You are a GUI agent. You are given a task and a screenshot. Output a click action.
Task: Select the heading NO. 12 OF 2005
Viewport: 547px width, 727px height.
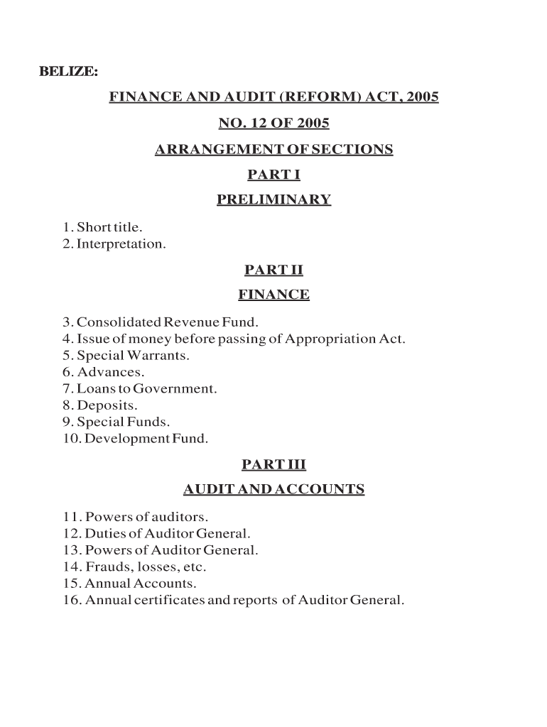(273, 124)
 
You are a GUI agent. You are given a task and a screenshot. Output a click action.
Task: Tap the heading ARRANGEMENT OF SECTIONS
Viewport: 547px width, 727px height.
(273, 150)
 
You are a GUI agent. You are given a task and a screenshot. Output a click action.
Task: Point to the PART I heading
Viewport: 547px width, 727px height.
(273, 175)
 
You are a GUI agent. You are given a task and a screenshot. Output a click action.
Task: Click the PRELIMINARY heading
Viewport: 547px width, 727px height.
(273, 199)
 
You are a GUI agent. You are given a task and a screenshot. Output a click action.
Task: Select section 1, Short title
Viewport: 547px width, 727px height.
(102, 228)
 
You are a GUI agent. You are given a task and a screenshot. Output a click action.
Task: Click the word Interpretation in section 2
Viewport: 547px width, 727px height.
(121, 244)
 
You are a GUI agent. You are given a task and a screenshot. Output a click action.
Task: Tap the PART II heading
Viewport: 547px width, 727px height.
(273, 270)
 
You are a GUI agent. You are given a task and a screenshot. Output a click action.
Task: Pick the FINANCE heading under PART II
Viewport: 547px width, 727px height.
(273, 295)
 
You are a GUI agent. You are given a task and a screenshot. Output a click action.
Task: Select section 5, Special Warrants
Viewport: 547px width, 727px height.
(126, 355)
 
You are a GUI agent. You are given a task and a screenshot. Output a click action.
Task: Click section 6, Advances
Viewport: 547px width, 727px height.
(104, 372)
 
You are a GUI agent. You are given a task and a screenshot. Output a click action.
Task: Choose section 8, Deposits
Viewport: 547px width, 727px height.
(100, 405)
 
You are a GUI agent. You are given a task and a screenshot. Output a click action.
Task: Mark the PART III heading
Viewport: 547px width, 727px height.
(273, 464)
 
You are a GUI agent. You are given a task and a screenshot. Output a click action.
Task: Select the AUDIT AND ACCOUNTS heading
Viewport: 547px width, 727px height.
(273, 489)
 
